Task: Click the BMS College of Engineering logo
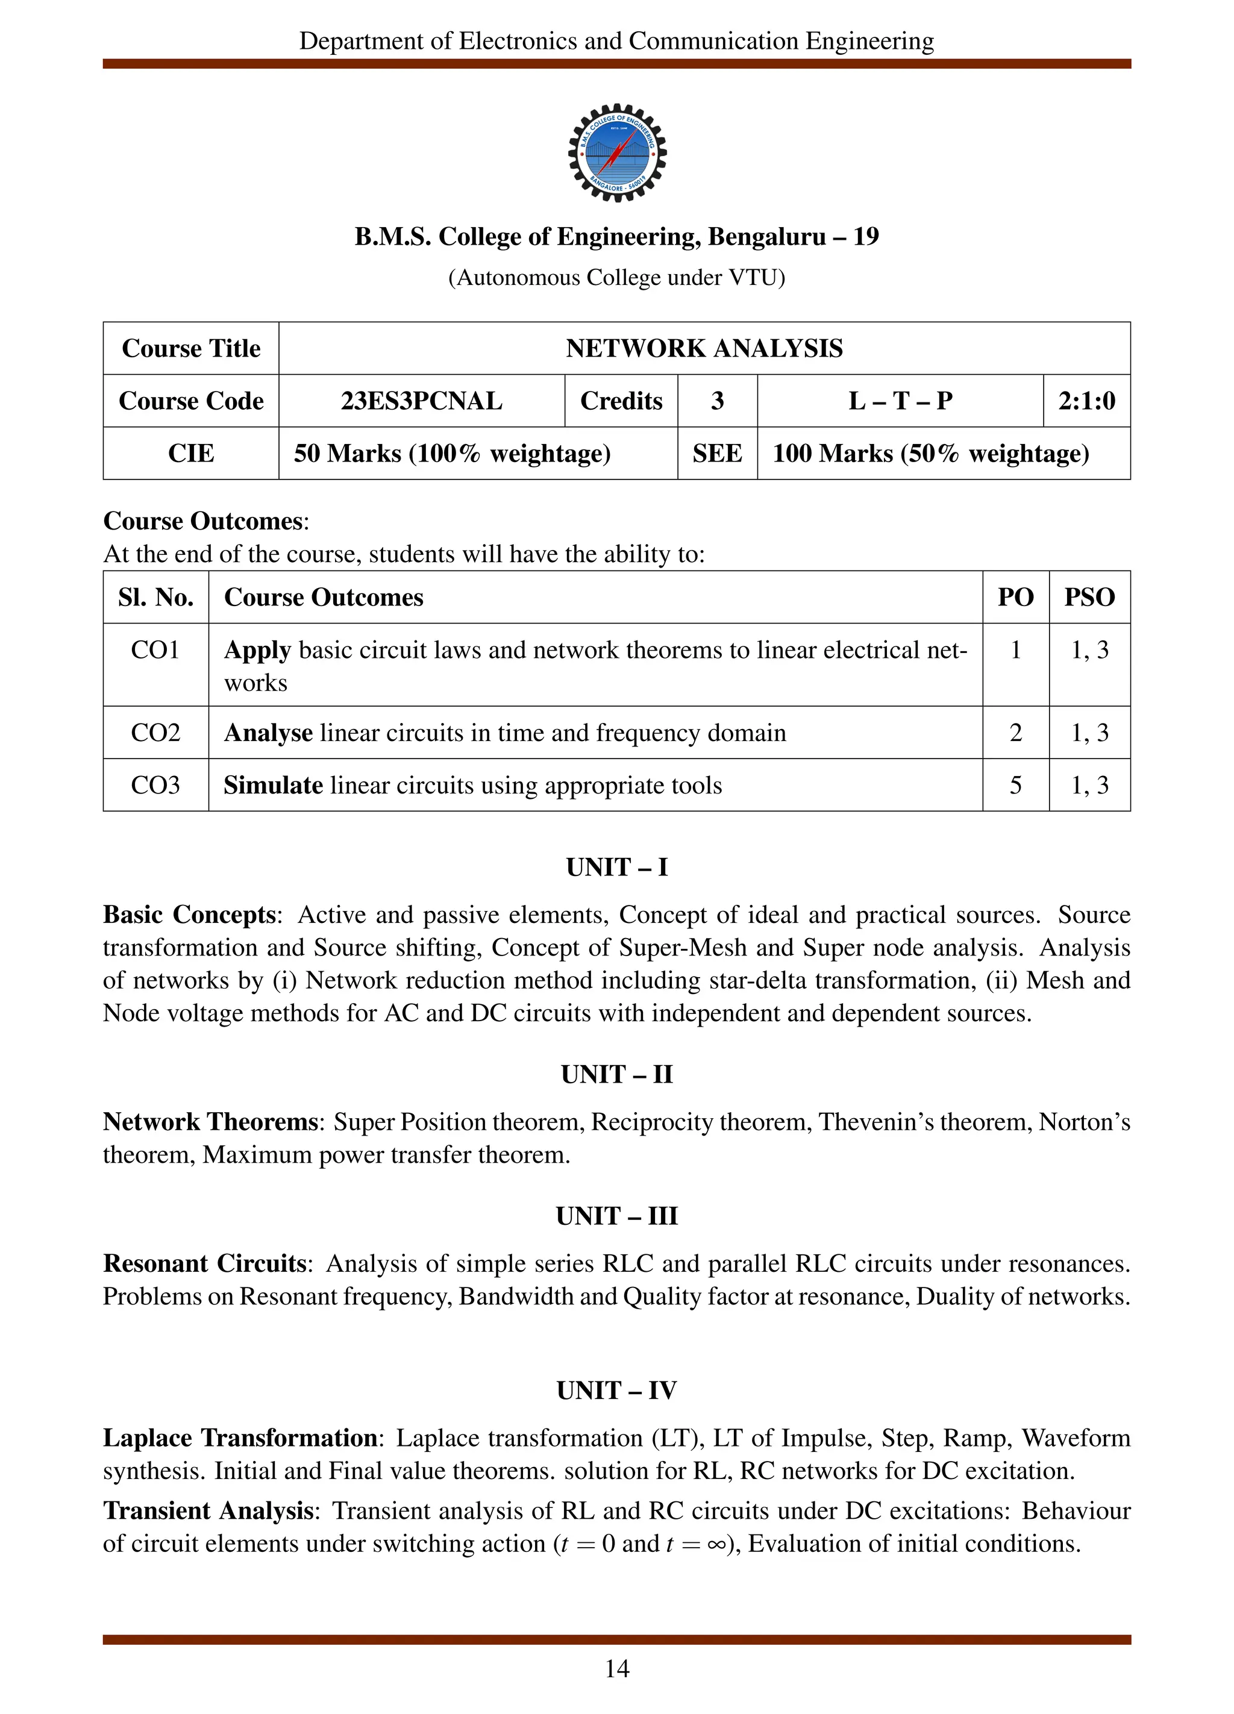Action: [x=616, y=152]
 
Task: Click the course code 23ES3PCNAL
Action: [x=421, y=401]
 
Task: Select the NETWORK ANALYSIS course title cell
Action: [x=704, y=348]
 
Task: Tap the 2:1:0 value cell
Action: [x=1086, y=401]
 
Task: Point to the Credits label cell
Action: [x=621, y=401]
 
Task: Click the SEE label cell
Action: [x=716, y=454]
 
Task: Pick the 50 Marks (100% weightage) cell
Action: [x=452, y=454]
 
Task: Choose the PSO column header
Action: [x=1089, y=597]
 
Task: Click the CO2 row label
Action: [x=155, y=733]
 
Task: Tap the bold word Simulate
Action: [x=273, y=785]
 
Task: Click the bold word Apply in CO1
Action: [x=257, y=650]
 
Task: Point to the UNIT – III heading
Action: [x=616, y=1216]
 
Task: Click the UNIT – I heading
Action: [x=616, y=867]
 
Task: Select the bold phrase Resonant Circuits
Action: [x=204, y=1263]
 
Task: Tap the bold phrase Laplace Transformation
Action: [x=240, y=1437]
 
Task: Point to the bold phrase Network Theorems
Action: [x=210, y=1122]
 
